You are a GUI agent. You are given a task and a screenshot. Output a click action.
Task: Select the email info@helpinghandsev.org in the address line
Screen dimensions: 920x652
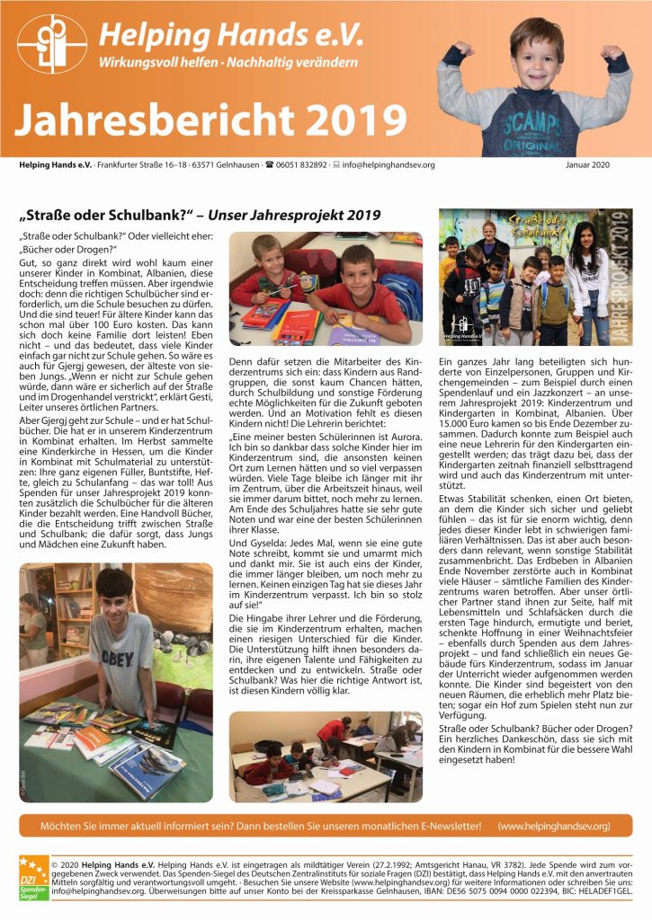click(388, 165)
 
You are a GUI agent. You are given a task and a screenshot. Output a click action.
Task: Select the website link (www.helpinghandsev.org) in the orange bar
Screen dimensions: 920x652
click(553, 825)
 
